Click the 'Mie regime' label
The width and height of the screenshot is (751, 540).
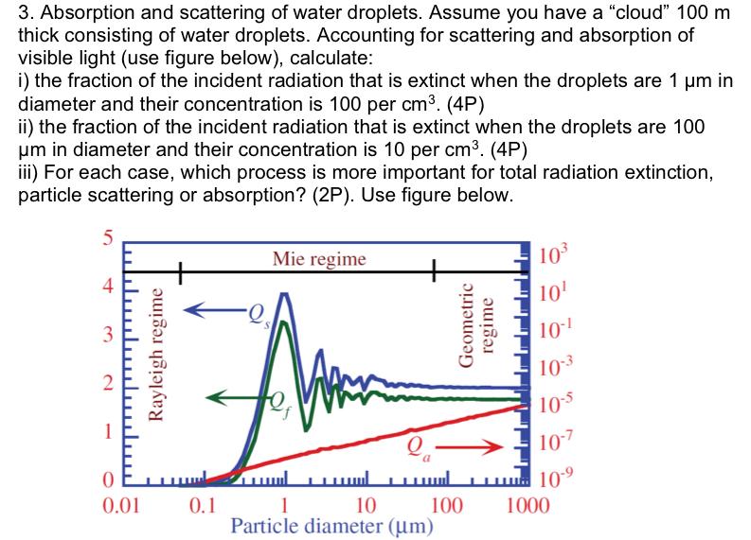(x=318, y=258)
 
